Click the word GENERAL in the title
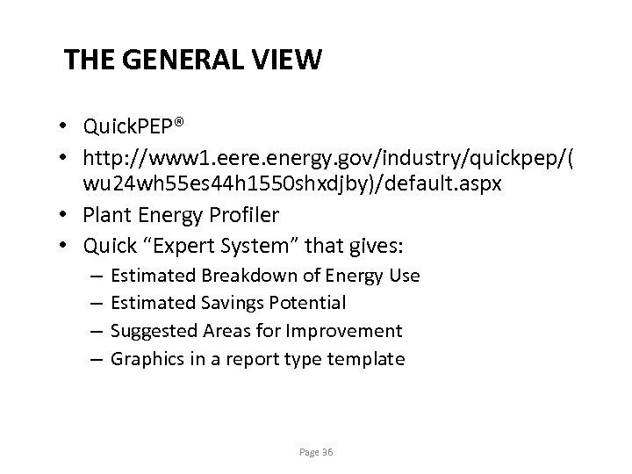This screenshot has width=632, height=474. [x=180, y=61]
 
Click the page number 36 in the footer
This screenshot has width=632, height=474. [x=327, y=452]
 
